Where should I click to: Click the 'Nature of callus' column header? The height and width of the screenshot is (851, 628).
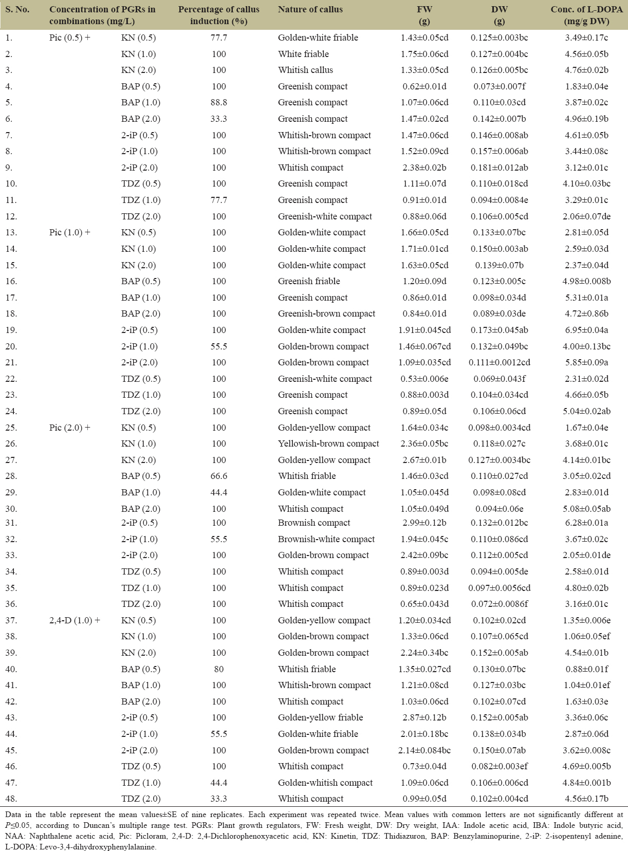[x=310, y=9]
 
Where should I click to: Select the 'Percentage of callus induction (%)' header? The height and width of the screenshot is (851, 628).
[x=218, y=15]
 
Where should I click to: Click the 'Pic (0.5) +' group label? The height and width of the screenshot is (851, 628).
[x=69, y=38]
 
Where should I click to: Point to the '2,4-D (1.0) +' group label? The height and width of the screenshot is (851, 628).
[x=75, y=620]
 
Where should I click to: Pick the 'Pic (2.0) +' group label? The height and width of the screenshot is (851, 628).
[x=69, y=428]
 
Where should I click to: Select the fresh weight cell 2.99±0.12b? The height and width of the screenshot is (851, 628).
[x=424, y=523]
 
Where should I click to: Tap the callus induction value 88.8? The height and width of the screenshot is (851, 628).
[x=218, y=102]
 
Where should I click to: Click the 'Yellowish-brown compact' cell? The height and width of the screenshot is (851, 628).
[x=328, y=443]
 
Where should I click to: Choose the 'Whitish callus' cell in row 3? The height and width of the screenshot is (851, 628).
[x=305, y=70]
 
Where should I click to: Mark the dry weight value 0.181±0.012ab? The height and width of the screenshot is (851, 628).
[x=499, y=168]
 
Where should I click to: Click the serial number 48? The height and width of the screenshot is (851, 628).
[x=11, y=799]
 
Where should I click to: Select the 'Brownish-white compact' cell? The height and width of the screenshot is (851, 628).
[x=326, y=539]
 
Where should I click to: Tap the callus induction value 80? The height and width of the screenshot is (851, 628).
[x=218, y=669]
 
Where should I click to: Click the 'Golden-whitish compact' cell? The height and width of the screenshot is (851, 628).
[x=325, y=783]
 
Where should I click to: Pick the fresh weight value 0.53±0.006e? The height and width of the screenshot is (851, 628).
[x=424, y=379]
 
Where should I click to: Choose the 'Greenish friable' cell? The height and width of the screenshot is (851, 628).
[x=309, y=281]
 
